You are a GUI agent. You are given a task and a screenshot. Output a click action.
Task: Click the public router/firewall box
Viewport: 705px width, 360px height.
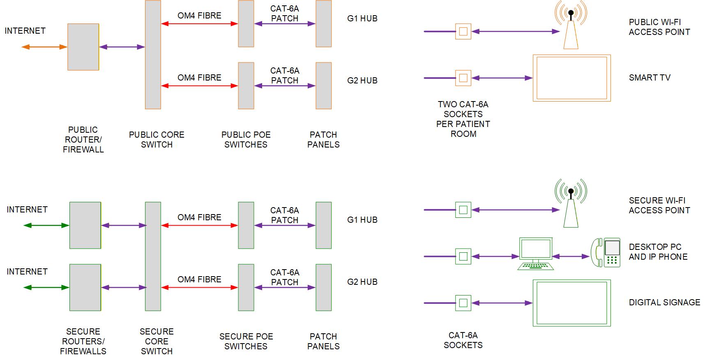tap(83, 47)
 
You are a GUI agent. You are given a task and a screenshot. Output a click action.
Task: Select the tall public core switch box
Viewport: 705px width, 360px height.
tap(153, 55)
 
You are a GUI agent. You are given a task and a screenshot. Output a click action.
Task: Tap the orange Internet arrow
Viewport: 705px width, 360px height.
tap(44, 47)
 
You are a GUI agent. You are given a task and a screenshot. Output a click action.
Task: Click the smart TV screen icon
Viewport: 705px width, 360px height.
tap(571, 78)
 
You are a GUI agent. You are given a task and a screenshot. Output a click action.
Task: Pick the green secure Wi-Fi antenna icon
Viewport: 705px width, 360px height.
tap(571, 204)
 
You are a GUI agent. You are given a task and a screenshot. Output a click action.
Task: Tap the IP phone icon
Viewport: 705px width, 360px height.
tap(606, 252)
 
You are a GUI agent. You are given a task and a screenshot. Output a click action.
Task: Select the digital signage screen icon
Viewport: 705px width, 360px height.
tap(571, 303)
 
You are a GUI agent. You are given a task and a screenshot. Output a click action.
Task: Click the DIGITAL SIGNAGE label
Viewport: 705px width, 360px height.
tap(664, 302)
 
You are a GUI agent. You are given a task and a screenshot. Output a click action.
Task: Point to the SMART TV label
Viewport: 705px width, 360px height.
tap(649, 78)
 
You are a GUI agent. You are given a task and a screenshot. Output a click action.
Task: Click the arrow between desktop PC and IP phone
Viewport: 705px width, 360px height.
tap(571, 256)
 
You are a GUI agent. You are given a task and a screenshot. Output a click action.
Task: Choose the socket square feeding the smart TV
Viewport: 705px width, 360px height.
tap(463, 78)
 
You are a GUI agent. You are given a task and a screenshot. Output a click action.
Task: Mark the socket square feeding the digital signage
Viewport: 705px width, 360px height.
tap(463, 303)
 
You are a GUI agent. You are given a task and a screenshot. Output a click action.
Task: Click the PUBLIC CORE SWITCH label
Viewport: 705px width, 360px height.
tap(157, 140)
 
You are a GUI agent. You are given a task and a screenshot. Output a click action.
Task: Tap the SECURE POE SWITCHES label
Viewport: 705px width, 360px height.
tap(246, 342)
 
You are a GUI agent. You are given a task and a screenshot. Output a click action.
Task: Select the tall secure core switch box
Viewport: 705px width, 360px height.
tap(153, 256)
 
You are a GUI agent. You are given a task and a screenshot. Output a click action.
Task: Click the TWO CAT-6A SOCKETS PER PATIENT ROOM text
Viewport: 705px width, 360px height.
tap(463, 119)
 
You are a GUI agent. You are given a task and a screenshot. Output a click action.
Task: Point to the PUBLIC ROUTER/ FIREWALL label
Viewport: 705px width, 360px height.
tap(83, 140)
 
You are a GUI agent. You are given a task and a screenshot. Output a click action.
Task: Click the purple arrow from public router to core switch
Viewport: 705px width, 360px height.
tap(122, 47)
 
